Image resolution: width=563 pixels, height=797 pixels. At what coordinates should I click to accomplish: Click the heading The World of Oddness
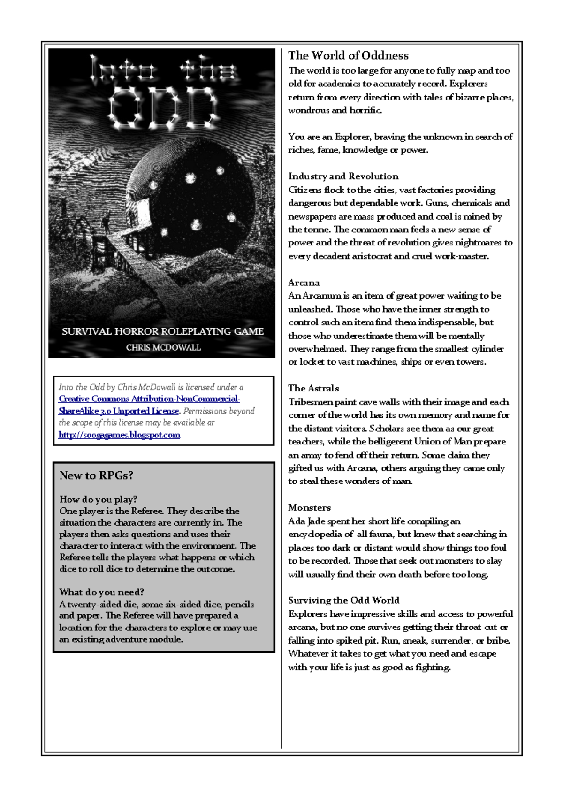[x=348, y=55]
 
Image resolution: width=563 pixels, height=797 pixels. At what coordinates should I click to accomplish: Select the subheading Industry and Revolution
[x=343, y=176]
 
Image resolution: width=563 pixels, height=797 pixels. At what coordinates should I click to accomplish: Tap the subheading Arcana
[x=304, y=283]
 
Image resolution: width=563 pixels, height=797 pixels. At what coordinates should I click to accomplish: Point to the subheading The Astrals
[x=313, y=388]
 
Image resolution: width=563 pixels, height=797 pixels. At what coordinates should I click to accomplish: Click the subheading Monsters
[x=309, y=507]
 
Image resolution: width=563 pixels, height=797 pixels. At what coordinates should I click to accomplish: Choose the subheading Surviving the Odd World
[x=343, y=600]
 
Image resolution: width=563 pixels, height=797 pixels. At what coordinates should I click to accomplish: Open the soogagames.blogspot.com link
[x=119, y=435]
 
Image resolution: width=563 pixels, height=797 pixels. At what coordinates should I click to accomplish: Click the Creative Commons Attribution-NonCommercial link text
[x=149, y=398]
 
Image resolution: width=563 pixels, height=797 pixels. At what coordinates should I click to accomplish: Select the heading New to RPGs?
[x=96, y=475]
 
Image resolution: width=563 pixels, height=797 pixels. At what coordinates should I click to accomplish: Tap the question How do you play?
[x=98, y=499]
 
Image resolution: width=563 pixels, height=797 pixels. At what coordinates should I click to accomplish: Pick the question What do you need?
[x=101, y=592]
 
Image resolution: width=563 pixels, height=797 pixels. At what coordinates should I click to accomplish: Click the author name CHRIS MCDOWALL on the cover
[x=163, y=347]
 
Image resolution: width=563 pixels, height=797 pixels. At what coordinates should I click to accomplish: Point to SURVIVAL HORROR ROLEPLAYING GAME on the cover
[x=162, y=331]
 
